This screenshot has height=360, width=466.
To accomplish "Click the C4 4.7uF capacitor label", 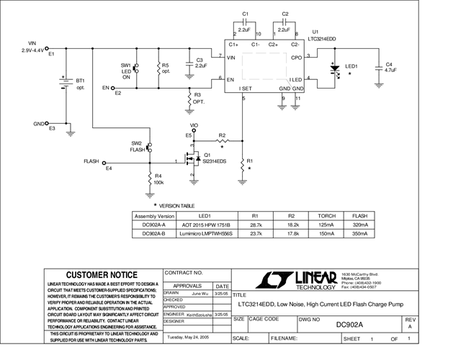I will (x=391, y=68).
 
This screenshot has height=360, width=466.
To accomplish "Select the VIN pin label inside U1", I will (x=231, y=57).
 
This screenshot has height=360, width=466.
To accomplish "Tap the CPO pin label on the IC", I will (x=296, y=57).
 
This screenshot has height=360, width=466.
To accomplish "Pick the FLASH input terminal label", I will (x=91, y=161).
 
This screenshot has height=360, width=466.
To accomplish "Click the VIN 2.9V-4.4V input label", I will (x=31, y=47).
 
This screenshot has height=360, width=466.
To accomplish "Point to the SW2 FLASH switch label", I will (x=137, y=147).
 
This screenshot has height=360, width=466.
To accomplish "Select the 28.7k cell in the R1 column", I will (x=255, y=225).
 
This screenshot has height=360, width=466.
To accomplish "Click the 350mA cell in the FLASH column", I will (x=358, y=233).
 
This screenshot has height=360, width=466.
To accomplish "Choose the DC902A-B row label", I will (x=154, y=233).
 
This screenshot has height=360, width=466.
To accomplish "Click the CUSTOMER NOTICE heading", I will (x=102, y=275).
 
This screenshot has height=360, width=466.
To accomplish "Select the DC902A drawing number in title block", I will (x=349, y=324).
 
